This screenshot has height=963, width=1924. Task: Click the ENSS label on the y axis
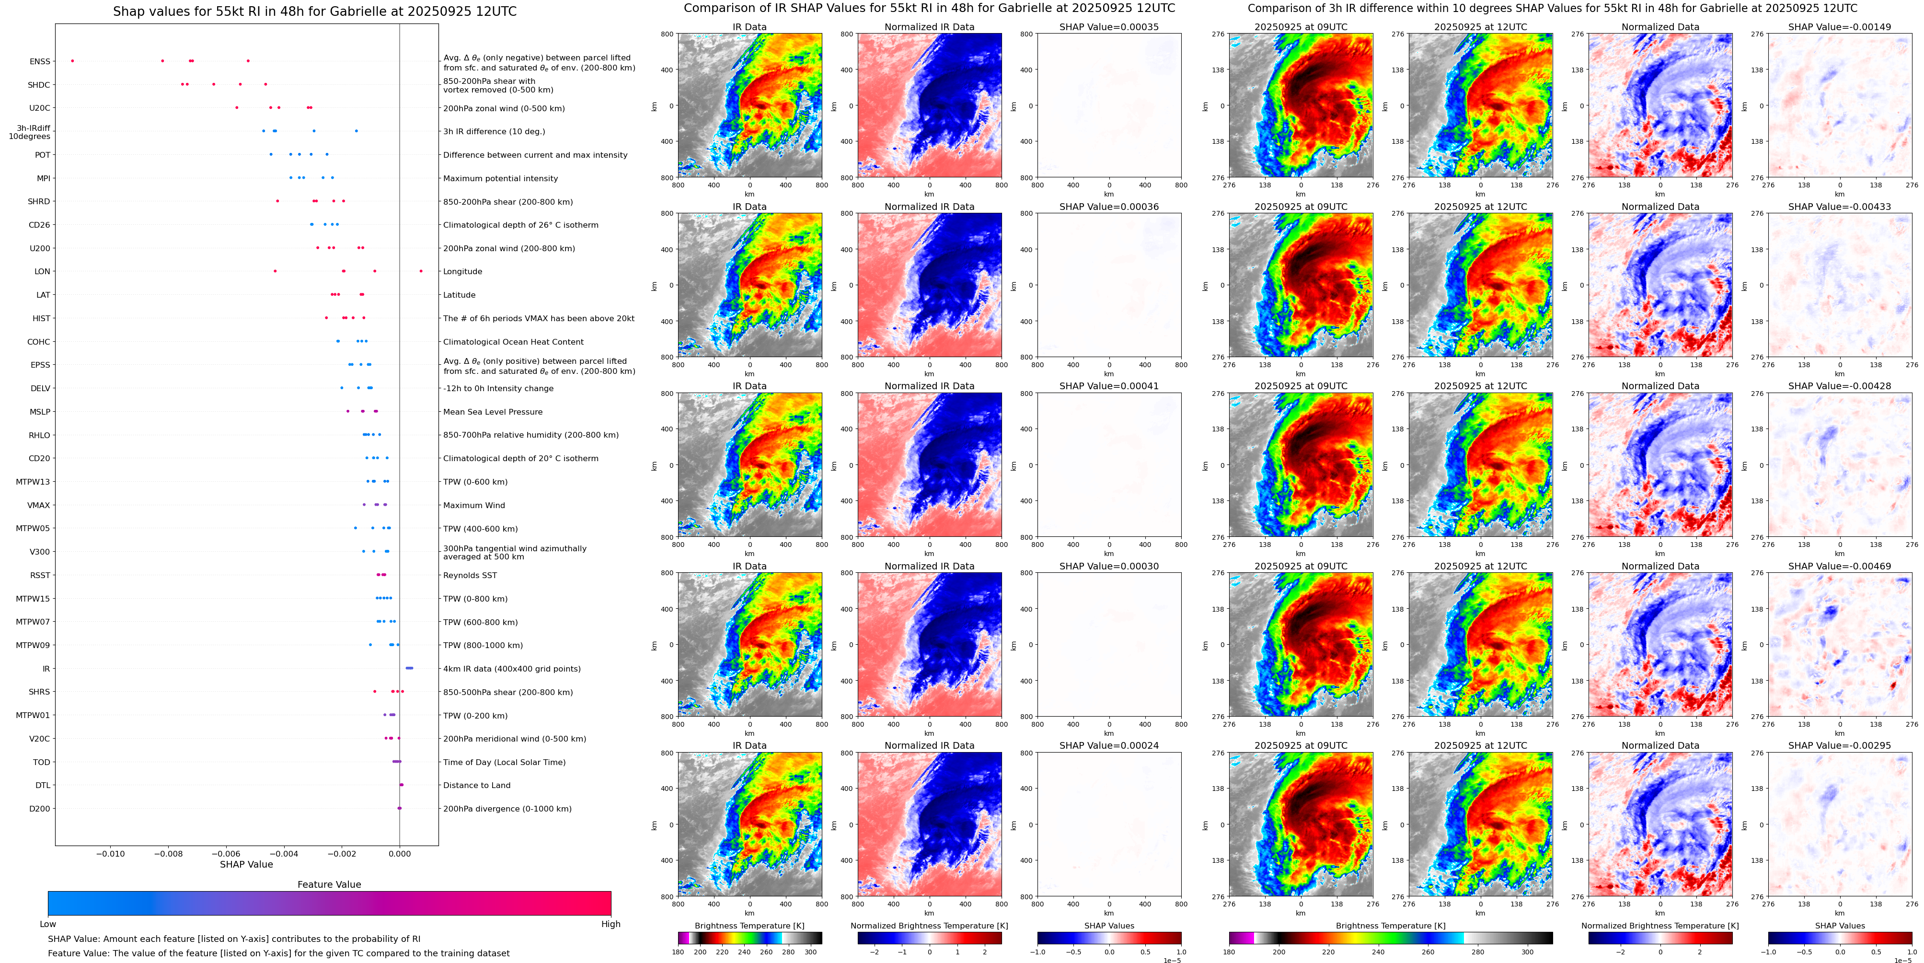[x=40, y=61]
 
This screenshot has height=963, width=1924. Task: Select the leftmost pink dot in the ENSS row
[x=72, y=60]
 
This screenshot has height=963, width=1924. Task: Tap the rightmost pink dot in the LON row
[x=421, y=271]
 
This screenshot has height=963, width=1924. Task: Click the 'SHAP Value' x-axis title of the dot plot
[x=246, y=864]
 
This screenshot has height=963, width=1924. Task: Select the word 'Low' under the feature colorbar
[x=48, y=924]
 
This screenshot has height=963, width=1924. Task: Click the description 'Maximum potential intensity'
[x=500, y=178]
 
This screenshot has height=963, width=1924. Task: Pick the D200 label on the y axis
[x=40, y=808]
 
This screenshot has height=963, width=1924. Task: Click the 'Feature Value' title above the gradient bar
[x=329, y=884]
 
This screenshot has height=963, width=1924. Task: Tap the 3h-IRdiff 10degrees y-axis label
[x=30, y=132]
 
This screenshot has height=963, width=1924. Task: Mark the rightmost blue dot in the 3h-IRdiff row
[x=356, y=131]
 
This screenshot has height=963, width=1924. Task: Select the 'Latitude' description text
[x=460, y=295]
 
